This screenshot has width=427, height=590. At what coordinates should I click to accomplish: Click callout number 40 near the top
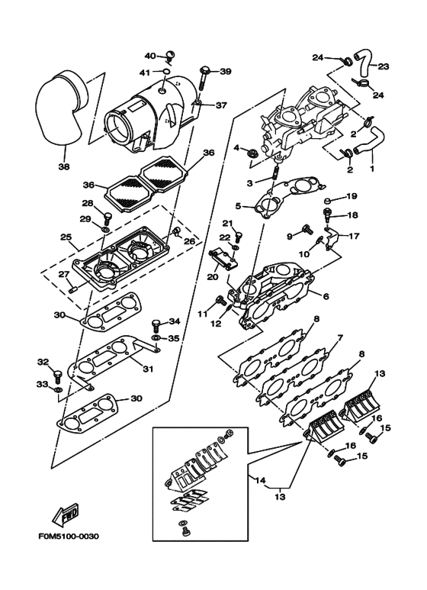click(149, 55)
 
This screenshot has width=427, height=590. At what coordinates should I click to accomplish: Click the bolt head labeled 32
click(57, 374)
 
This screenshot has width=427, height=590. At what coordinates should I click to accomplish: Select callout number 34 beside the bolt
click(174, 321)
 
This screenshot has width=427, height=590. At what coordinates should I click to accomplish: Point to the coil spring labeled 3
click(268, 177)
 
